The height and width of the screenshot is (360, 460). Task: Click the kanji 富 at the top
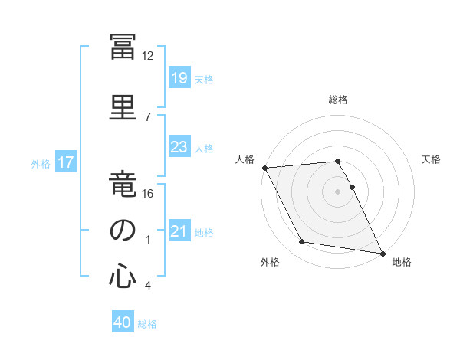coord(123,47)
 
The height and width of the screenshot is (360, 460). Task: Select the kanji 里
coord(123,107)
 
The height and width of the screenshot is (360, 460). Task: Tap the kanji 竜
coord(123,184)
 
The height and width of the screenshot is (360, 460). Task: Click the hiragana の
coord(123,230)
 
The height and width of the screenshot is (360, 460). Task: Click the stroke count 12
coord(147,56)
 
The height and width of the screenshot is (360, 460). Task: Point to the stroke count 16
coord(147,194)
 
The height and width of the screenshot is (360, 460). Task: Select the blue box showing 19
coord(179,77)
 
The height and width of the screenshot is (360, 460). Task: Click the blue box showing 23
coord(179,146)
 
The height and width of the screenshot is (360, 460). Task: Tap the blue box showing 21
coord(179,230)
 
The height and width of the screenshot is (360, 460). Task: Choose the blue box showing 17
coord(66,162)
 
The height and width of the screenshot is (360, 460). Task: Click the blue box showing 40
coord(123,321)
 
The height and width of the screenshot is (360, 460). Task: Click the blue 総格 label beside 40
coord(147,324)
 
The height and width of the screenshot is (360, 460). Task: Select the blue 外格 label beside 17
coord(41,164)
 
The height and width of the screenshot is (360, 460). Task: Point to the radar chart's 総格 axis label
coord(338,100)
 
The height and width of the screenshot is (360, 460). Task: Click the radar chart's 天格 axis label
coord(431,159)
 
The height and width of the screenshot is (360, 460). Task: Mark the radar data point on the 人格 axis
coord(265,168)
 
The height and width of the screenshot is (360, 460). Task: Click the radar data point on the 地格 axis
coord(383,254)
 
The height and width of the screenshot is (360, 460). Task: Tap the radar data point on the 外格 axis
coord(302,241)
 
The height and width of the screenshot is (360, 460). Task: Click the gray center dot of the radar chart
coord(337,191)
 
